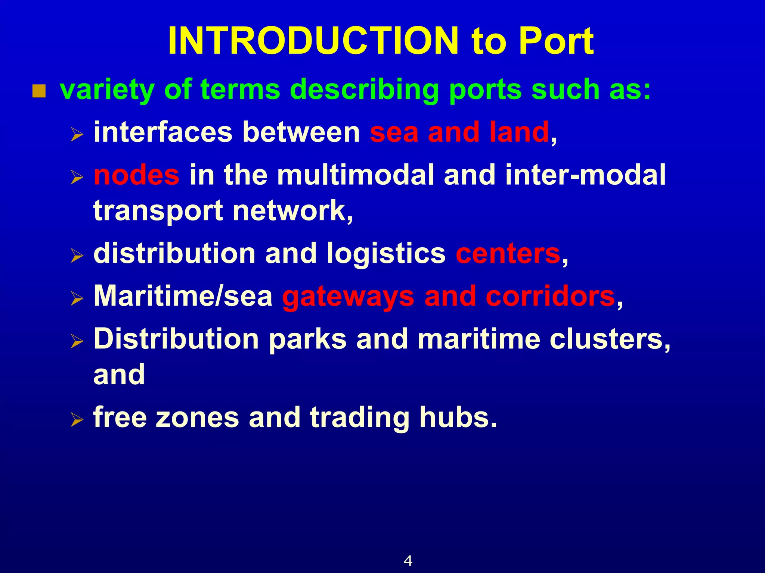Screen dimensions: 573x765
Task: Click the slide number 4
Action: [x=408, y=561]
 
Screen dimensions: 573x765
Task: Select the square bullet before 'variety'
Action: [x=39, y=91]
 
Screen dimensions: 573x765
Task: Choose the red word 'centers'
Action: [x=508, y=254]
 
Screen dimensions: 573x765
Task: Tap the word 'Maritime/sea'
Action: [x=183, y=296]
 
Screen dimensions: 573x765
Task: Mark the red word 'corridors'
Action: [x=550, y=296]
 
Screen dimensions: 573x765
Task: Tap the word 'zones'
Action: [x=197, y=418]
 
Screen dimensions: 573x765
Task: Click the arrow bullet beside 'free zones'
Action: [x=77, y=420]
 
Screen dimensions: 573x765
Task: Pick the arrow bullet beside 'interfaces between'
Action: [x=77, y=135]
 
